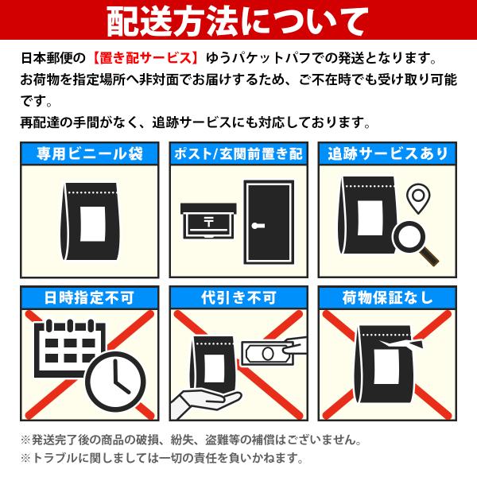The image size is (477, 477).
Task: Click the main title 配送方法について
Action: tap(238, 21)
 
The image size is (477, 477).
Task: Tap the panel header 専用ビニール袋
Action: tap(90, 153)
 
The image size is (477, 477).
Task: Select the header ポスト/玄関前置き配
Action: tap(238, 153)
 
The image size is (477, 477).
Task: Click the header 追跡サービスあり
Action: tap(388, 153)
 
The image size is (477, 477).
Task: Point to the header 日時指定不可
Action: tap(89, 297)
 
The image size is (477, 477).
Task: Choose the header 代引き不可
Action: tap(238, 297)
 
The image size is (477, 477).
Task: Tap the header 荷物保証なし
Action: tap(388, 297)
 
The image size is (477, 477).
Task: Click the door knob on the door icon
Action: tap(258, 226)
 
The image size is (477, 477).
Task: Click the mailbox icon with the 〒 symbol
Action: tap(208, 221)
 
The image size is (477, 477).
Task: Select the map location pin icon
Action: tap(418, 198)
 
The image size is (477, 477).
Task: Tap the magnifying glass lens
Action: tap(409, 237)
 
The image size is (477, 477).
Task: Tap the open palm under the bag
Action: tap(206, 401)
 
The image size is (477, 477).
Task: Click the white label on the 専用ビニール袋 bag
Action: tap(93, 224)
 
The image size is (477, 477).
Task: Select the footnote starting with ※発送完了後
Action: tap(191, 440)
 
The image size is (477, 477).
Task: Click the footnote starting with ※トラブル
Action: tap(162, 458)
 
